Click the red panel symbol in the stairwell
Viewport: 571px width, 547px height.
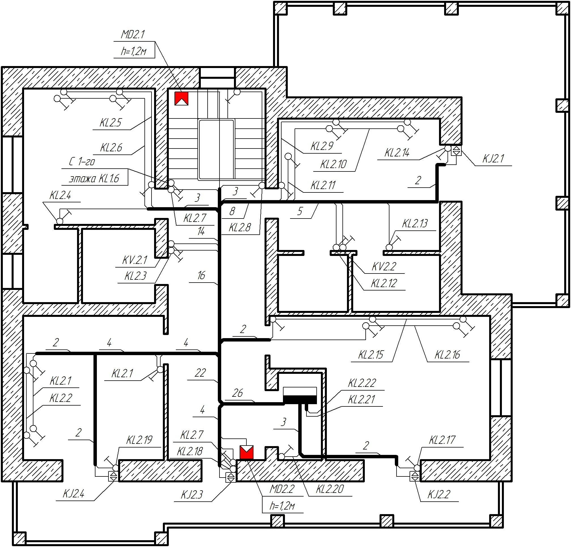pos(181,99)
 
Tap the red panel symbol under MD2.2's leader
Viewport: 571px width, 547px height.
pos(246,453)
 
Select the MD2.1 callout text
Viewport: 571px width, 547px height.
pos(133,35)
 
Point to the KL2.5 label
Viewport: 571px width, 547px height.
pos(110,123)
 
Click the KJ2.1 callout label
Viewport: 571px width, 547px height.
pos(493,159)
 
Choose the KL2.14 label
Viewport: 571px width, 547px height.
pos(397,153)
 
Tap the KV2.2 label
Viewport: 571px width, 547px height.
pos(384,266)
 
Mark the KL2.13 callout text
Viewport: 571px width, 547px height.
pos(415,224)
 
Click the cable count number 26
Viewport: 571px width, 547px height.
pos(237,393)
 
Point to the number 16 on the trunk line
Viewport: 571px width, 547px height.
pos(201,275)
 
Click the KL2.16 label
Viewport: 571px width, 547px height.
pos(447,355)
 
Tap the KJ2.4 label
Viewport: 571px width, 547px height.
pos(74,494)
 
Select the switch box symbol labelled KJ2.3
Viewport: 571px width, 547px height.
pos(231,478)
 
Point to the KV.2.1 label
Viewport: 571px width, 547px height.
pos(135,260)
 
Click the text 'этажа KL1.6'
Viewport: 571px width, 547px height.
pos(94,178)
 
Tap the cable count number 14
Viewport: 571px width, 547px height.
pos(201,232)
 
